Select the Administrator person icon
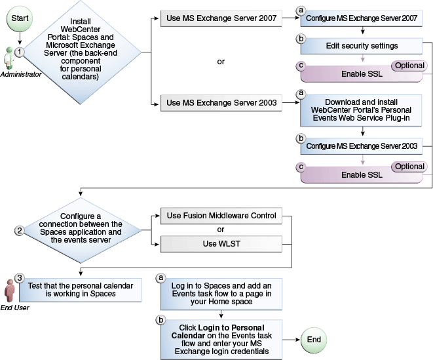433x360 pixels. coord(9,59)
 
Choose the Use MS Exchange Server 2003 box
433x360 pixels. coord(221,102)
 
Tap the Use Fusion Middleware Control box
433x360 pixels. coord(221,215)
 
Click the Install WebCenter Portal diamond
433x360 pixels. coord(80,52)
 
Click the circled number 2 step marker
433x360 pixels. coord(20,230)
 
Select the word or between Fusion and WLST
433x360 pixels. coord(221,230)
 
